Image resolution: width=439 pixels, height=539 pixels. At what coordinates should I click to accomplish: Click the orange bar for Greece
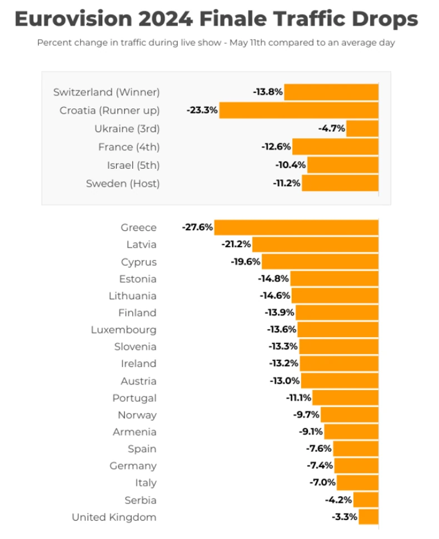point(296,228)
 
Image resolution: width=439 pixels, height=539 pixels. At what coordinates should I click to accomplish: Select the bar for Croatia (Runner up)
point(298,110)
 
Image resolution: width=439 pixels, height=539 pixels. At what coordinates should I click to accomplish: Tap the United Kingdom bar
point(368,517)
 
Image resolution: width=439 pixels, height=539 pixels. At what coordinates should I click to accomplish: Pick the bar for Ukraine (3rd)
point(362,128)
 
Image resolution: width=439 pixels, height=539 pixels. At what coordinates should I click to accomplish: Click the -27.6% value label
point(197,228)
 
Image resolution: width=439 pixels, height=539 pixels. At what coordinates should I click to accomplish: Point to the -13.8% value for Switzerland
point(268,92)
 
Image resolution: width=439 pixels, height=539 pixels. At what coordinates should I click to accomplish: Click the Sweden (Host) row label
point(123,184)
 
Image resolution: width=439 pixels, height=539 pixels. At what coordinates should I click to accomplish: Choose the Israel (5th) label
point(133,165)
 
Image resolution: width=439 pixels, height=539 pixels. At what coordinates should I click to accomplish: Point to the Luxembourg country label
point(124,330)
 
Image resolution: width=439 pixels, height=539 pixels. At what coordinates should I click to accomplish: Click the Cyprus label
point(139,262)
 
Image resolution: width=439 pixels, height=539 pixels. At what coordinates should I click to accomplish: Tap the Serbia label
point(142,500)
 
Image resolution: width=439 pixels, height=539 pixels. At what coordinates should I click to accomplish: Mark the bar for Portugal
point(345,398)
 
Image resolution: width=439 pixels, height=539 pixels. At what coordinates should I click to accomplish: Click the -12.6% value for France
point(276,147)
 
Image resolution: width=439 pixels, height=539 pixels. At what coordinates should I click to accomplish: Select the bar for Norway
point(350,415)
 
